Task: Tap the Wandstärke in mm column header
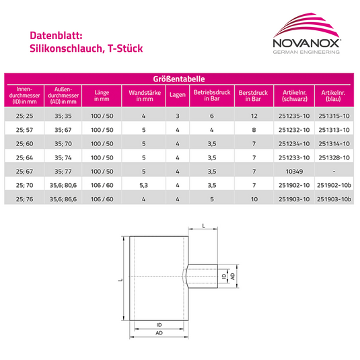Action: [x=143, y=96]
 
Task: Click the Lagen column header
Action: [x=178, y=96]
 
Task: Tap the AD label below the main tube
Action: [x=159, y=333]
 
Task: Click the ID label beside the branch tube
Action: [x=223, y=277]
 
